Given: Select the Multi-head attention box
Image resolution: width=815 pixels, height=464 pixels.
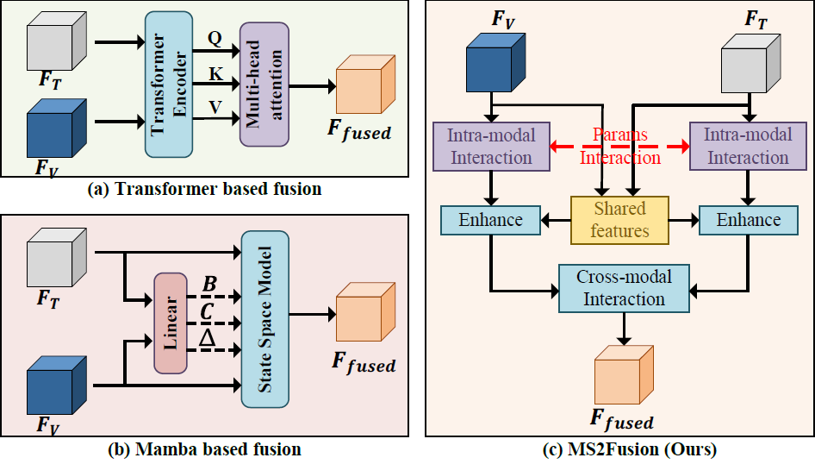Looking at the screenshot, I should tap(264, 85).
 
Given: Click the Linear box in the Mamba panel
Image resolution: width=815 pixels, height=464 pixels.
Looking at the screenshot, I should tap(170, 322).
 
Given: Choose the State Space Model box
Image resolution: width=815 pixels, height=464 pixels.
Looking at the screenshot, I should tap(265, 318).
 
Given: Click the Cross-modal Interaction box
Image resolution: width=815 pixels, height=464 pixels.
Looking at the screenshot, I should tap(624, 288).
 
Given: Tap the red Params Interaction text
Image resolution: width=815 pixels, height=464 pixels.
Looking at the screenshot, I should tap(620, 147).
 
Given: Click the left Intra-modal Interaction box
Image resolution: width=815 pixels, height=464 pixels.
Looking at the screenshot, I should tap(490, 146).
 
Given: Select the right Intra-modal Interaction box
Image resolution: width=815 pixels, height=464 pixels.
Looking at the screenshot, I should tap(746, 146).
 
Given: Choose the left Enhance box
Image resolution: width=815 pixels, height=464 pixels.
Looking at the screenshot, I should tap(490, 219).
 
